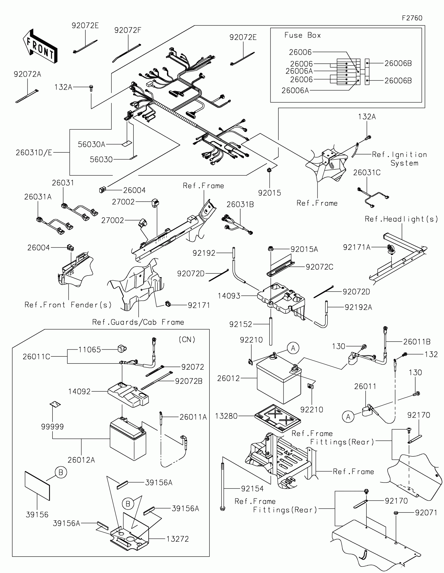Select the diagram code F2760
(x=412, y=18)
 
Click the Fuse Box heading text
(x=302, y=35)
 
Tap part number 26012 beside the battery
(x=229, y=378)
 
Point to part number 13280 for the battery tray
(x=226, y=416)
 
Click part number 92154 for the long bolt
(x=252, y=488)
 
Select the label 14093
(x=229, y=296)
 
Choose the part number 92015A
(x=304, y=249)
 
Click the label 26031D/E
(x=34, y=152)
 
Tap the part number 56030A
(x=91, y=144)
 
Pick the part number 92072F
(x=128, y=31)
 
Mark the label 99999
(x=52, y=427)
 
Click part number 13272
(x=178, y=539)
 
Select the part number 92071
(x=426, y=513)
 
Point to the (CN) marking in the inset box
(x=187, y=339)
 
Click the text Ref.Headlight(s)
(x=401, y=219)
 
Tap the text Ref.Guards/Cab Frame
(x=138, y=322)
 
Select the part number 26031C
(x=366, y=173)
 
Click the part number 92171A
(x=357, y=247)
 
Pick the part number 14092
(x=79, y=391)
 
